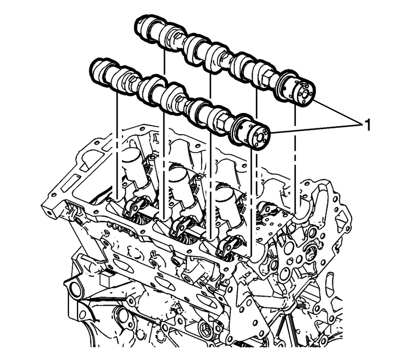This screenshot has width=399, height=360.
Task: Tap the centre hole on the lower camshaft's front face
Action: coord(264,135)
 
